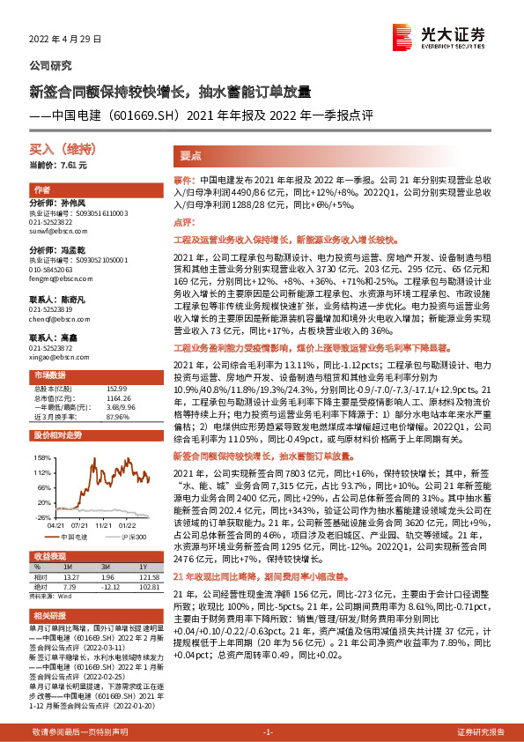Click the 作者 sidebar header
[x=41, y=190]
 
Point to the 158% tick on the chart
[x=42, y=458]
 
